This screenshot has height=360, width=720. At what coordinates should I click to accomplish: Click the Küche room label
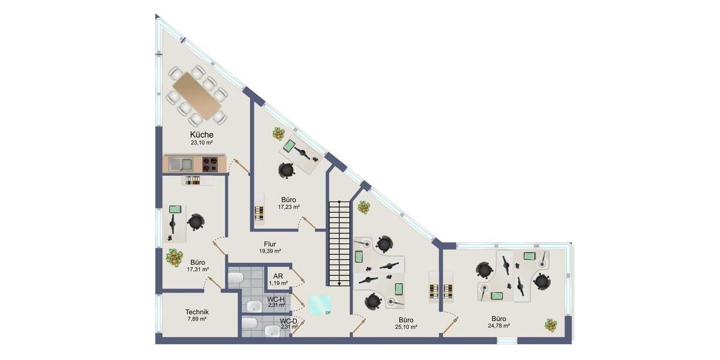click(202, 135)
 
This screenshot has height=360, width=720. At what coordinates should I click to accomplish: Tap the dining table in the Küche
click(197, 95)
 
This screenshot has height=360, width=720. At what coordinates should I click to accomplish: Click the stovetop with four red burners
click(210, 163)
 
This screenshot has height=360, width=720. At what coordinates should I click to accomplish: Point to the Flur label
click(269, 244)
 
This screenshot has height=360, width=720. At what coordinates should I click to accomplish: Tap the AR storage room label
click(278, 276)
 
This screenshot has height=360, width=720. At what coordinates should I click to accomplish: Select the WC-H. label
click(276, 299)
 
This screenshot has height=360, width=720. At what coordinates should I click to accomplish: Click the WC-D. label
click(289, 321)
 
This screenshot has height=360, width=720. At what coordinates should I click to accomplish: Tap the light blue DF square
click(319, 305)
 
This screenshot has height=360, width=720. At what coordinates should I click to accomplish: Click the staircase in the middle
click(339, 243)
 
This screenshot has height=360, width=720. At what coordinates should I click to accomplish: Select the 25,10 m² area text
click(406, 327)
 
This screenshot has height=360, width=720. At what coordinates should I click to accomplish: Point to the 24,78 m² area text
click(499, 326)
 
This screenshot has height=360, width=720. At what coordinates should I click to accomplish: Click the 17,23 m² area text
click(289, 206)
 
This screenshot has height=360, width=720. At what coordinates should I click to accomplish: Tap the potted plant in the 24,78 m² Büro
click(551, 325)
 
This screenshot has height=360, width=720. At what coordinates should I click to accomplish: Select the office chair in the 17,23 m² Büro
click(287, 170)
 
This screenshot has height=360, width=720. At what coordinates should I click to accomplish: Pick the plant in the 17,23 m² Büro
click(278, 134)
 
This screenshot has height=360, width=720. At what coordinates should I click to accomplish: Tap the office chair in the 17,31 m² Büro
click(196, 222)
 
